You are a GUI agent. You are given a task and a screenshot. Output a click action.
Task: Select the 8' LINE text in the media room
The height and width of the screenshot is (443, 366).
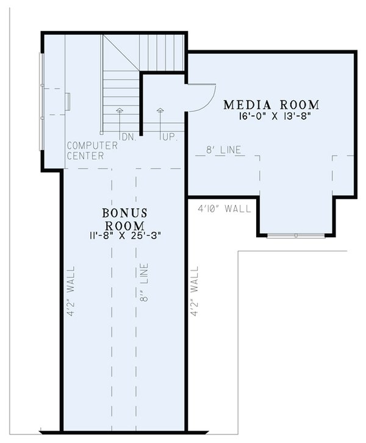(x=223, y=149)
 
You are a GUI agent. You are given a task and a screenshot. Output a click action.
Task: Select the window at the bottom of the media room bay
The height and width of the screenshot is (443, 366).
(x=295, y=235)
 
